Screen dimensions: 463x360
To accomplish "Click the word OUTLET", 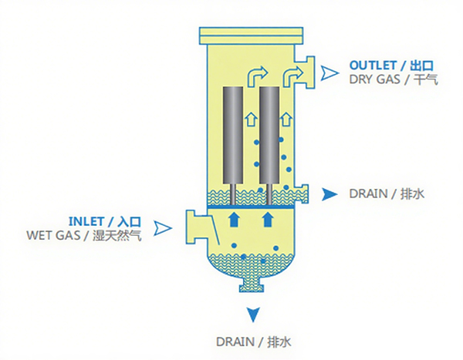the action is [373, 66].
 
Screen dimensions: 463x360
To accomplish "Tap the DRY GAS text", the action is [375, 79].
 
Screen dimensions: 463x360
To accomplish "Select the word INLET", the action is [86, 221].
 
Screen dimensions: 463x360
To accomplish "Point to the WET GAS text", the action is [53, 235].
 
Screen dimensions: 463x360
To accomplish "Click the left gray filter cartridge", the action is [233, 135].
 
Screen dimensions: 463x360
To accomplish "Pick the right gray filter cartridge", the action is [269, 135].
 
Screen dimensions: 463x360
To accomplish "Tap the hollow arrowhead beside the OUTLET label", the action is [329, 73].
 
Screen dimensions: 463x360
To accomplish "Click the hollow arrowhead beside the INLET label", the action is [162, 228].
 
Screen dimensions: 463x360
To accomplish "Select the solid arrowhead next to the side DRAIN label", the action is [330, 194].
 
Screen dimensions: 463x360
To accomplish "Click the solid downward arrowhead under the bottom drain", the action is [253, 315].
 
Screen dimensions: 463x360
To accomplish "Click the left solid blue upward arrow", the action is [234, 219].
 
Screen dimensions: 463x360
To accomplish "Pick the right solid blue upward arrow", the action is [268, 219].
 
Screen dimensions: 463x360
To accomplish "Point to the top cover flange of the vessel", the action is [251, 35].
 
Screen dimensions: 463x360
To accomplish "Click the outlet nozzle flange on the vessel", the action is [309, 72].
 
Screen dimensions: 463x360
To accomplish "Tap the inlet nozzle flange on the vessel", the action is [190, 227].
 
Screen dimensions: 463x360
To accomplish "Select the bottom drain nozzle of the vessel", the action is [252, 285].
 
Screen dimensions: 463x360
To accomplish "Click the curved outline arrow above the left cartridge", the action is [257, 76].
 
